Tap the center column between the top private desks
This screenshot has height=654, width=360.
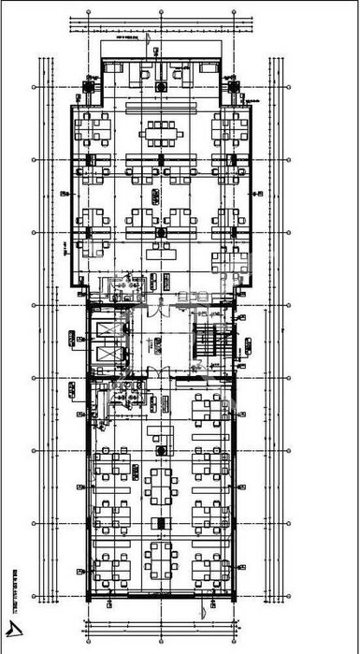click(x=163, y=84)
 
